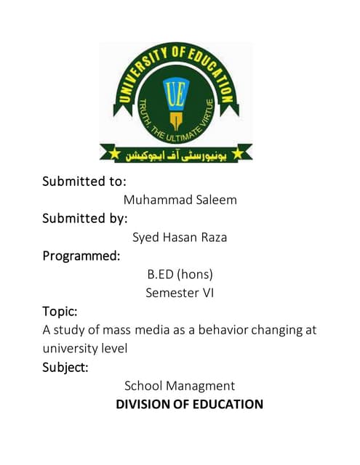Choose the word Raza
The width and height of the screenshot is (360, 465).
(x=217, y=237)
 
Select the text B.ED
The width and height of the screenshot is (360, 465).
(x=162, y=275)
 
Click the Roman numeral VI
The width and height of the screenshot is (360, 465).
(x=207, y=294)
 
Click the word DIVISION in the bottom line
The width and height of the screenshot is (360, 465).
(x=147, y=404)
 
